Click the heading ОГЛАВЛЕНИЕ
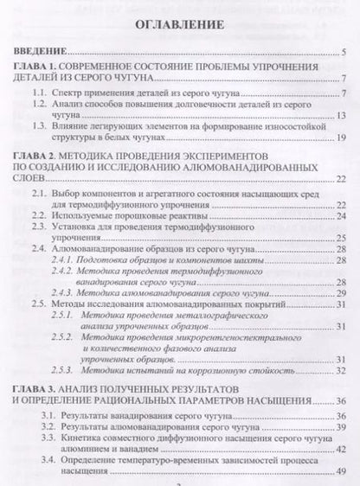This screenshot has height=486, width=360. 180,28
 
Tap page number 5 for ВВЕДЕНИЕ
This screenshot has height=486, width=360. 343,53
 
